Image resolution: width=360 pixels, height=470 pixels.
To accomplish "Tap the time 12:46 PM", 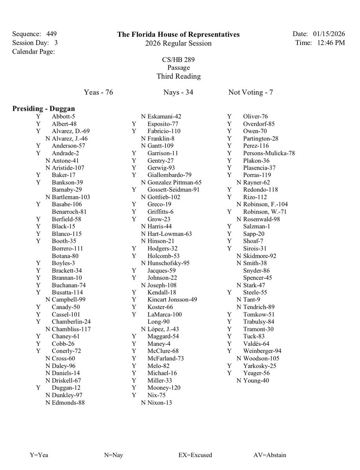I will (329, 43).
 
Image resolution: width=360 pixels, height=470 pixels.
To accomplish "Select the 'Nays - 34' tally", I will (178, 92).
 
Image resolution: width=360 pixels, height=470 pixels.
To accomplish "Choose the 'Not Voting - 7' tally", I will (250, 92).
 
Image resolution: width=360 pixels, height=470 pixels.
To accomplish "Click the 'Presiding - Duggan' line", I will (43, 108).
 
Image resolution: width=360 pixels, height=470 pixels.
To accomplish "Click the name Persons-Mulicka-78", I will (269, 153).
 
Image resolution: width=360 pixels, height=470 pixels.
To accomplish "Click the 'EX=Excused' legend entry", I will (195, 455).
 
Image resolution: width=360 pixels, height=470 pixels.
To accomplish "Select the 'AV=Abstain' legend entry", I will (270, 455).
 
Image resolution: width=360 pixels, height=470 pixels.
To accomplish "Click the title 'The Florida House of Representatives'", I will (178, 34).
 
